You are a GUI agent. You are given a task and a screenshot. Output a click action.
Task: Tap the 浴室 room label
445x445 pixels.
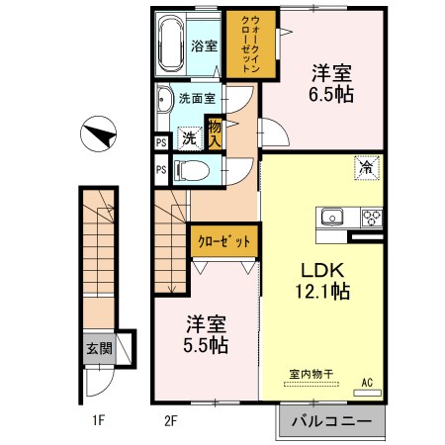(x=204, y=45)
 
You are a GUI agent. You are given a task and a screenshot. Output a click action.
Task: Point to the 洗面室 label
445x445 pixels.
(x=197, y=99)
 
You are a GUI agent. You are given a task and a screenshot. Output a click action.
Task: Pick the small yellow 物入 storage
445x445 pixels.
(x=214, y=132)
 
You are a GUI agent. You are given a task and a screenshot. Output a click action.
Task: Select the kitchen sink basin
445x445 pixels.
(x=330, y=216)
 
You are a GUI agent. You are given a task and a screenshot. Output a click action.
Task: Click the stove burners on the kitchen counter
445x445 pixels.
(x=373, y=217)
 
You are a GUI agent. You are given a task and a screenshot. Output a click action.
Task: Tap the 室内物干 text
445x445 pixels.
(x=311, y=372)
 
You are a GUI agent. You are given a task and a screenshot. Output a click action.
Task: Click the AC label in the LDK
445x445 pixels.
(x=367, y=383)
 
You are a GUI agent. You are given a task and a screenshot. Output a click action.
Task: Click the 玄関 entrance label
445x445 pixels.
(x=98, y=348)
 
